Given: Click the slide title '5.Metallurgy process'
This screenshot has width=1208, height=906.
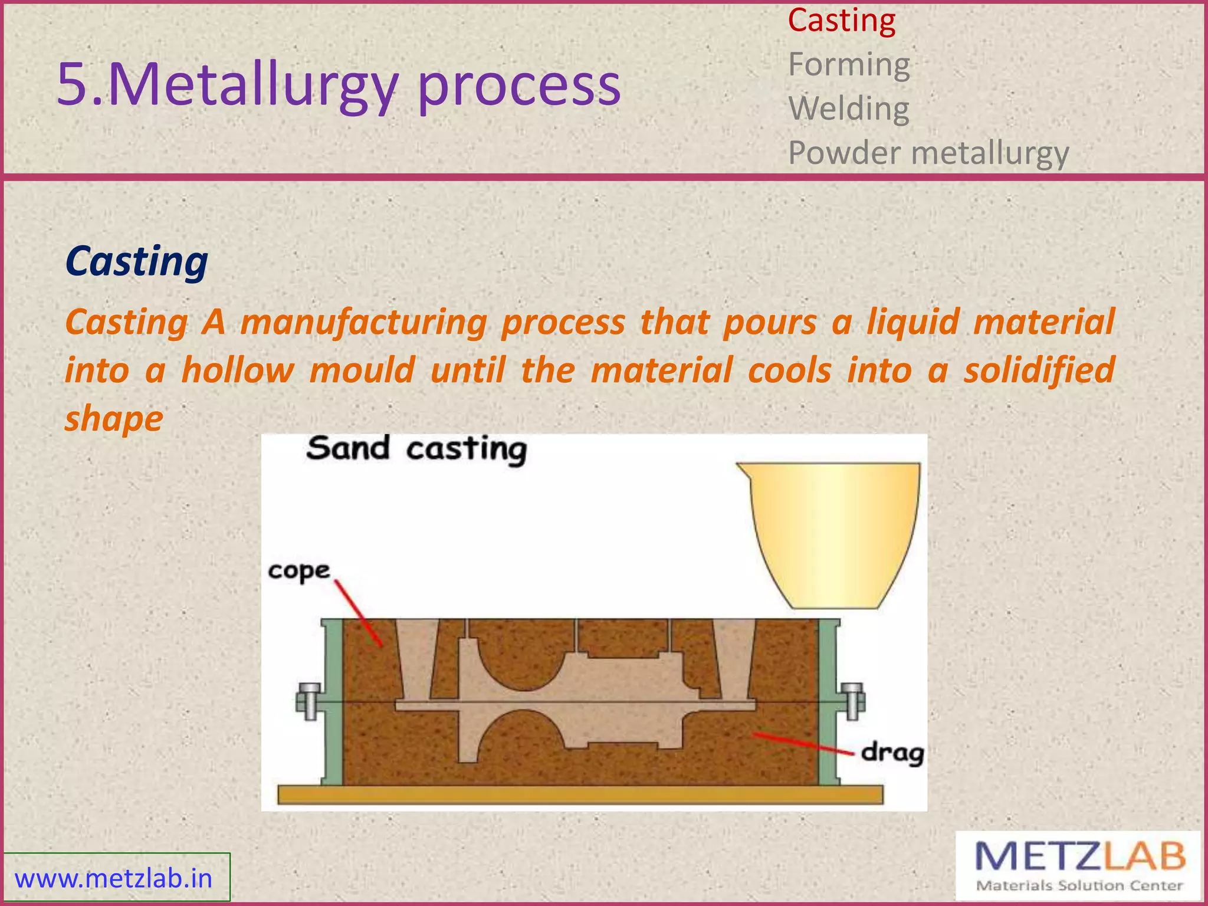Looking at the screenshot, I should [339, 86].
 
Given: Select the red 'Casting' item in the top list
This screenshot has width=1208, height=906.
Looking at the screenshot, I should [842, 21].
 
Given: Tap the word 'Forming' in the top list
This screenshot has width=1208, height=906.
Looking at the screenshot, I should [849, 65].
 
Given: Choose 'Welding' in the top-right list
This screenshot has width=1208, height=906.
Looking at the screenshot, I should [849, 109].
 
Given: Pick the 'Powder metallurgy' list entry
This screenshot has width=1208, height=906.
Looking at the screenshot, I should [928, 153].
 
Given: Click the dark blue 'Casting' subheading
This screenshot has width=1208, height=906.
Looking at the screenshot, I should [136, 261].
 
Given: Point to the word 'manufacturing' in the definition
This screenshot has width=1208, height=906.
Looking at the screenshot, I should [364, 323].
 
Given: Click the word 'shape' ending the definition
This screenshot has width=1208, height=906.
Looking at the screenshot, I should [114, 419].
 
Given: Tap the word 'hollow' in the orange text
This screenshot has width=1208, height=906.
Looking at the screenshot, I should [238, 371].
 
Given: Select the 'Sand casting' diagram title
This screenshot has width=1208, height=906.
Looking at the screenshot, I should [416, 449].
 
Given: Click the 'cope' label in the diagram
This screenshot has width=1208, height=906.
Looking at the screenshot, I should [299, 571].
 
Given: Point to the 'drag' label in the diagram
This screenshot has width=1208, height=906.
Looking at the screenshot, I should [892, 753].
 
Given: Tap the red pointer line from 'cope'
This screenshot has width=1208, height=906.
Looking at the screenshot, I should [358, 613].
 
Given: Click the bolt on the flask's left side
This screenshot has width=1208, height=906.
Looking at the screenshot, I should [308, 701].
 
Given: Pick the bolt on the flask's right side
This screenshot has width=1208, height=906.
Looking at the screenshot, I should [852, 701].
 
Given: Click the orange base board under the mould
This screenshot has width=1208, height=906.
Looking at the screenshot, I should [580, 795].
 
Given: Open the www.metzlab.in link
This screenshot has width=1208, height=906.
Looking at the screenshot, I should [113, 879].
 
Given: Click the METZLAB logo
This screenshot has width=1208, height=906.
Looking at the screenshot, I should [1079, 866].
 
